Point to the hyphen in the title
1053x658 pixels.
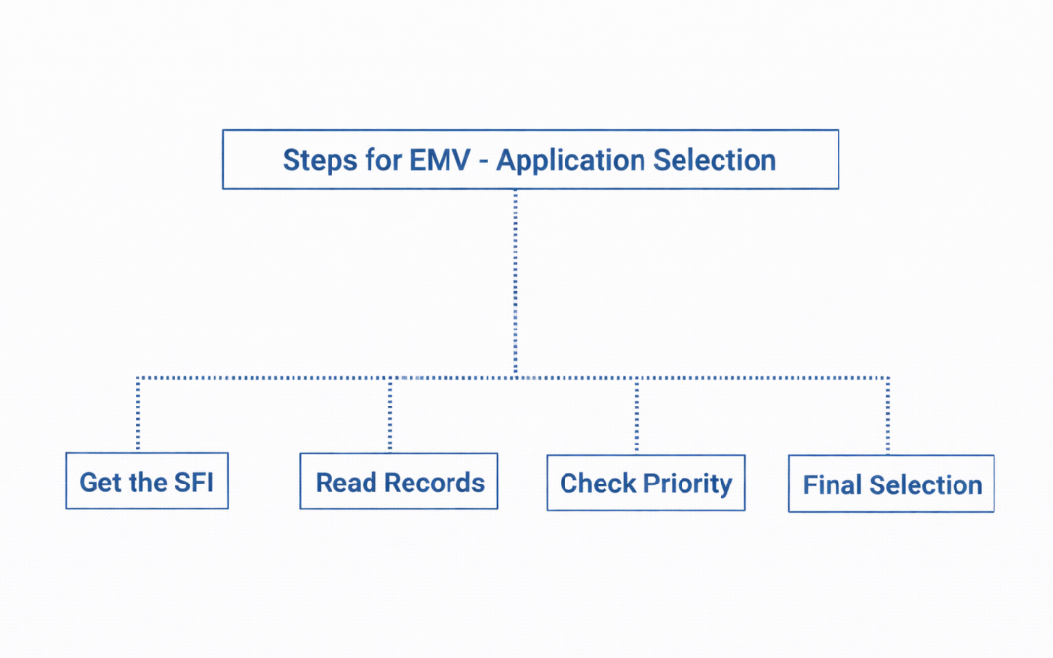486,161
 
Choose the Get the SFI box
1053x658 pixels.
146,481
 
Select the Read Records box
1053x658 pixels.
399,482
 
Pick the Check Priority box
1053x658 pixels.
645,483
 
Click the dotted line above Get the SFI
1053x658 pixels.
138,414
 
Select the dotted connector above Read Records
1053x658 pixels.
390,414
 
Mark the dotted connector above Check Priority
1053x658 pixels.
637,415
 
